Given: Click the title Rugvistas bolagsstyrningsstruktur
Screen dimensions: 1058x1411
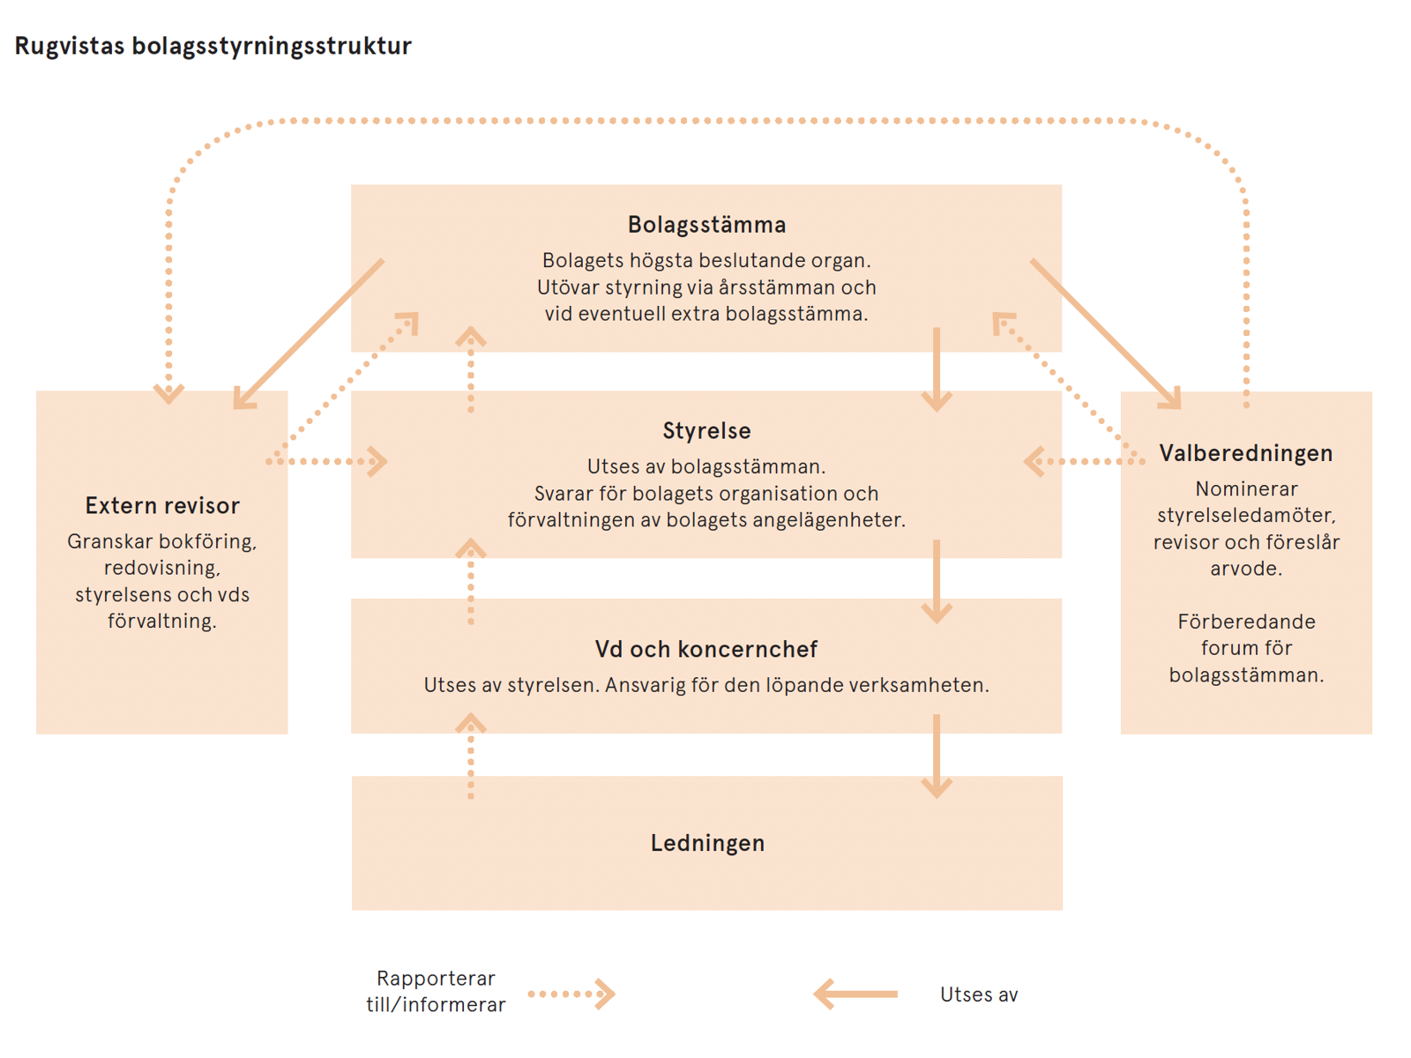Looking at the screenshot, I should [213, 46].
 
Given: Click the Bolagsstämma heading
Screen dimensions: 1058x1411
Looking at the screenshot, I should [706, 225].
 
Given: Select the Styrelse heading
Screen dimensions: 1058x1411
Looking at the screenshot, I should [706, 431].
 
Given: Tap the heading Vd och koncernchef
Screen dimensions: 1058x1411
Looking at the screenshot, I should [706, 650].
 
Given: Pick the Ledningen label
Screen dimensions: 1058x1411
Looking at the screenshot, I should [707, 843].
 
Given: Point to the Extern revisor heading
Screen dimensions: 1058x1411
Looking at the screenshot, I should [162, 506].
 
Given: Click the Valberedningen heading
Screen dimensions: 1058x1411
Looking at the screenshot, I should [1245, 453].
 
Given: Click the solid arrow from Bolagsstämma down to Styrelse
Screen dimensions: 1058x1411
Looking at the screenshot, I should [936, 370].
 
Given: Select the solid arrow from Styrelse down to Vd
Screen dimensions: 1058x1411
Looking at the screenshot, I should [936, 582].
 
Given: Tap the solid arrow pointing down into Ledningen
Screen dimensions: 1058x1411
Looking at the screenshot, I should [936, 756].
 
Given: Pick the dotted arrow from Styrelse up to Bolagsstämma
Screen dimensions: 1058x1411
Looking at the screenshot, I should [471, 370].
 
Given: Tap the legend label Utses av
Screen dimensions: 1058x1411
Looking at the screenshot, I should [978, 995].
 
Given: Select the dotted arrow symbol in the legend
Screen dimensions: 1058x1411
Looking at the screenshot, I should [571, 995].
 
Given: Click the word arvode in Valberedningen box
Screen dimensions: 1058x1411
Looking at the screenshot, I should [1245, 569].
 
